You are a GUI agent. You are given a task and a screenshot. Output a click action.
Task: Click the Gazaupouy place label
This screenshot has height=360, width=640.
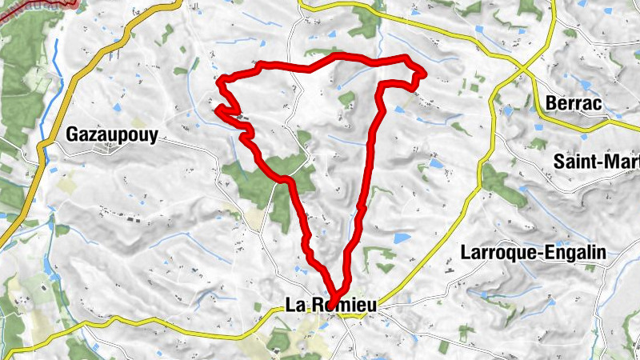(x=112, y=134)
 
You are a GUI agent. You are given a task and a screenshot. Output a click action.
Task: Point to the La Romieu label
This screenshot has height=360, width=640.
(x=330, y=305)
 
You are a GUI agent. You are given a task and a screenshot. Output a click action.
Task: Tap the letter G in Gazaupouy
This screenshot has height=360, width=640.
(x=74, y=134)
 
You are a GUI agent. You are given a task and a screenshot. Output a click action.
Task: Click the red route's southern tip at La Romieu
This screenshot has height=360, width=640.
(x=336, y=294)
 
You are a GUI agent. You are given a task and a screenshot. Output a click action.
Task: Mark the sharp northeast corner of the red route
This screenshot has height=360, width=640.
(x=421, y=75)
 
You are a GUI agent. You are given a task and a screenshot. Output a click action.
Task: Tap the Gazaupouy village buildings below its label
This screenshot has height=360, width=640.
(x=108, y=150)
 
